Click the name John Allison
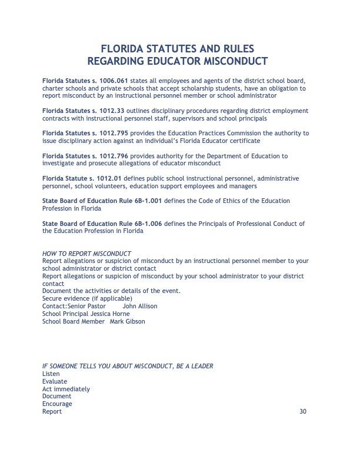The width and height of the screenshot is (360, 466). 140,307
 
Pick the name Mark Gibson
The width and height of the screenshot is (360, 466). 127,322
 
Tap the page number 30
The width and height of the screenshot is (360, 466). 303,412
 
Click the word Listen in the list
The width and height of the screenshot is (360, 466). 51,374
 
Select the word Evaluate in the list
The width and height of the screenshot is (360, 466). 55,381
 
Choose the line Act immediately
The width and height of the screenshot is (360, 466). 66,389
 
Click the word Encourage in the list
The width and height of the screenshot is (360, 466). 57,404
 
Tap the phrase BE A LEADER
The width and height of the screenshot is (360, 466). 194,366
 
